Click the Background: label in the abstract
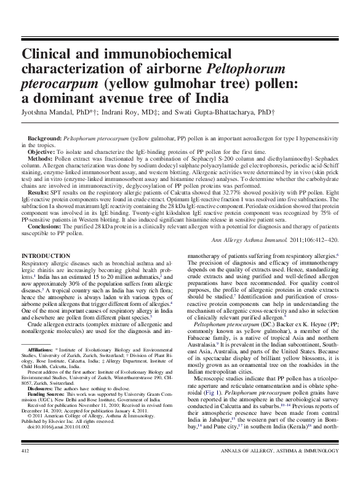pyautogui.click(x=46, y=141)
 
